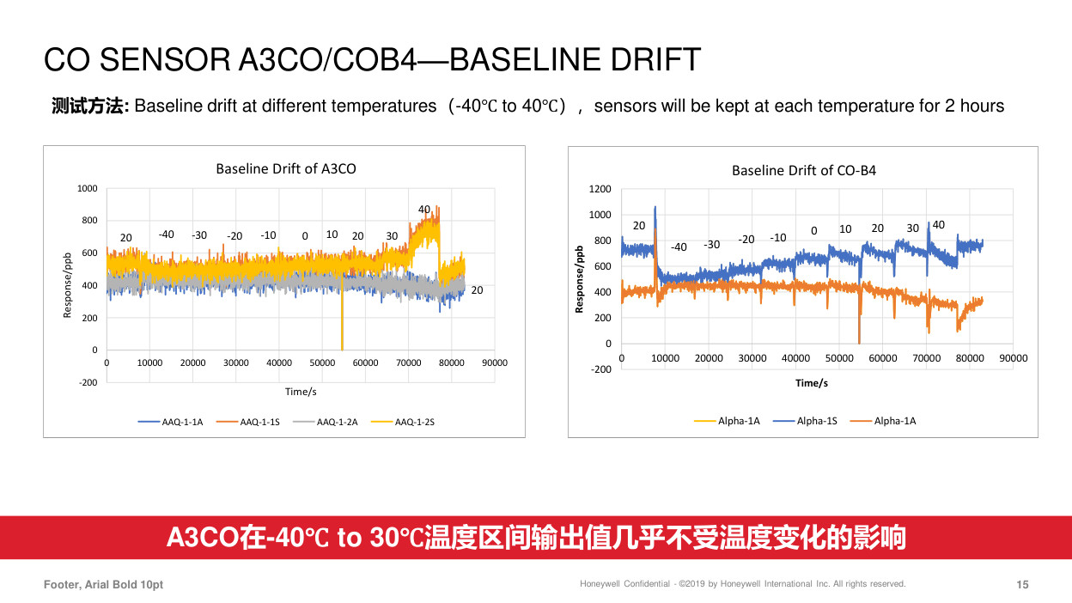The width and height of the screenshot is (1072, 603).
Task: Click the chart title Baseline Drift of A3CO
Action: tap(285, 169)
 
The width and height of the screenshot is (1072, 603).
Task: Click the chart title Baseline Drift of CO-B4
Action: tap(803, 170)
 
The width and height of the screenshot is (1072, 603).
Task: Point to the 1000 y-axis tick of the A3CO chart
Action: tap(88, 188)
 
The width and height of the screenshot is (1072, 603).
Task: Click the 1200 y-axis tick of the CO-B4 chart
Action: tap(600, 189)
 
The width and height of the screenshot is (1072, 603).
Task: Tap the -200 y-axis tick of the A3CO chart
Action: tap(88, 382)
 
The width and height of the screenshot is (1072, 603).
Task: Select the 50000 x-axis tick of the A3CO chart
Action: tap(322, 362)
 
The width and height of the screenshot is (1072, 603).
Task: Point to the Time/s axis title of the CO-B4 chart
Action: tap(811, 383)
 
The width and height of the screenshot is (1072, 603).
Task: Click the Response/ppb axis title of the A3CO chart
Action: tap(67, 286)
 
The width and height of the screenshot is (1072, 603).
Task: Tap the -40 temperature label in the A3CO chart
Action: tap(166, 234)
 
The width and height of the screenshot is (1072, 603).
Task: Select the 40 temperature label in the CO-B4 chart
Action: tap(938, 225)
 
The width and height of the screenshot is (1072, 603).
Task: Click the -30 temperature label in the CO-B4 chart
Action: tap(711, 244)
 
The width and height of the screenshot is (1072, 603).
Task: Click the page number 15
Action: tap(1022, 585)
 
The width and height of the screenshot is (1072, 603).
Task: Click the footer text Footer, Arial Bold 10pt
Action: tap(103, 585)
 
